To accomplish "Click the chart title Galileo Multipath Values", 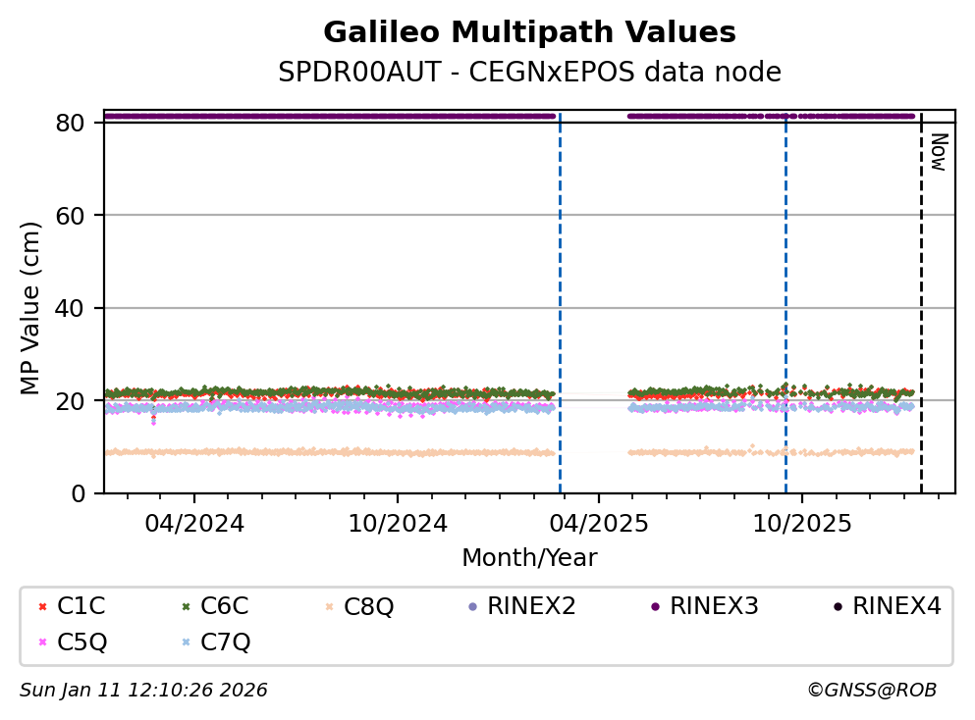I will coord(529,33).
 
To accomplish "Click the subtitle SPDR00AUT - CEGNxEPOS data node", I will coord(529,73).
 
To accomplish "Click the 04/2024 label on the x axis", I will coord(193,523).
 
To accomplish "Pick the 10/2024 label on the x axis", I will coord(397,523).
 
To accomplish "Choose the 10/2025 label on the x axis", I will coord(801,523).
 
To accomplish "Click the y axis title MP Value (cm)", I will coord(31,308).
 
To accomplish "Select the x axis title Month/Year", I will coord(529,558).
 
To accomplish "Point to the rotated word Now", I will coord(938,152).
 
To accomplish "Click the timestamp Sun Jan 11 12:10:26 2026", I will coord(143,691).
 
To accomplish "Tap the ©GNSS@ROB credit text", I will coord(872,691).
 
